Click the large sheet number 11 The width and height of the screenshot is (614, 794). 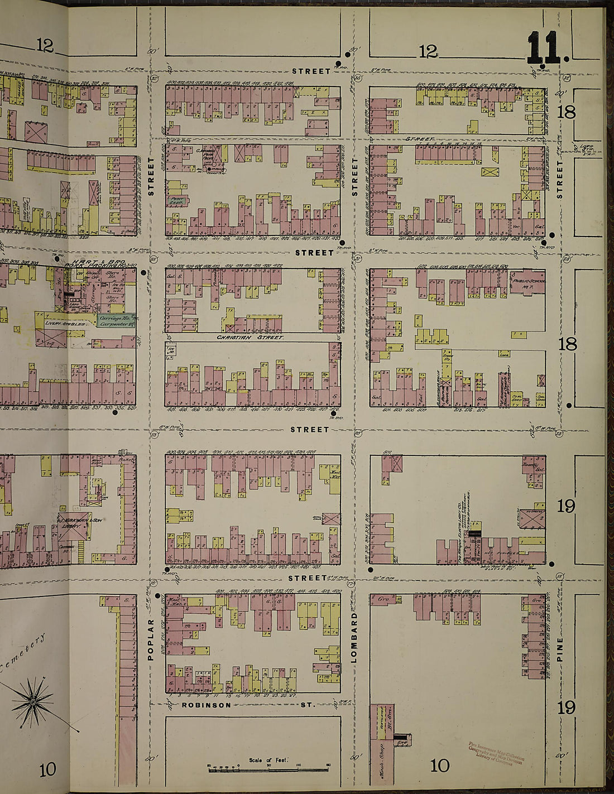point(544,49)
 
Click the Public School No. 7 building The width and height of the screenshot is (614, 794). point(525,279)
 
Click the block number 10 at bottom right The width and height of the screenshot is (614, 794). point(440,765)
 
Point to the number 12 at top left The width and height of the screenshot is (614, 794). point(45,46)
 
